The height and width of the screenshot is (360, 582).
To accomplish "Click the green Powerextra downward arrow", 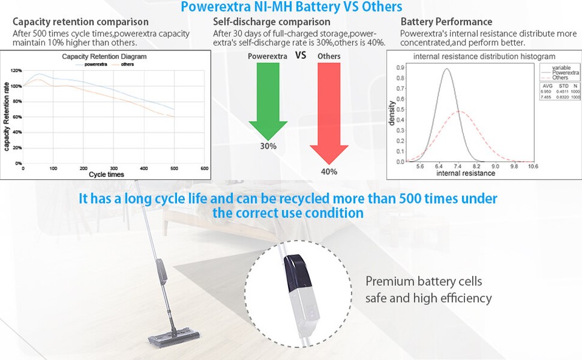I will (x=268, y=97).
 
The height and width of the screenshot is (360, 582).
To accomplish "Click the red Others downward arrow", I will (x=329, y=109).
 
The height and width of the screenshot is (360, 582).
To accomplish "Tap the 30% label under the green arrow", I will (x=268, y=146).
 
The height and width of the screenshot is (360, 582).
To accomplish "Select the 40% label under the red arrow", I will (x=329, y=172).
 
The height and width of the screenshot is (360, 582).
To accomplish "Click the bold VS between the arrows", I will (x=300, y=55).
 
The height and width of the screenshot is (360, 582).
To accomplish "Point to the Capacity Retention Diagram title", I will (x=105, y=56).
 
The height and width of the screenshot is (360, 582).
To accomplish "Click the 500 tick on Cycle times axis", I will (x=174, y=168).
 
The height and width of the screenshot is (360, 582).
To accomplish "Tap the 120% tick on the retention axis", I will (x=16, y=71).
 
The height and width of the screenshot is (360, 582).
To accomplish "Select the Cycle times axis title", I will (x=106, y=175).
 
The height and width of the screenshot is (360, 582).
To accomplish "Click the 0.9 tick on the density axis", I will (x=401, y=68).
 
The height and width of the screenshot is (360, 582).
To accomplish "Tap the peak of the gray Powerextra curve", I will (x=446, y=68).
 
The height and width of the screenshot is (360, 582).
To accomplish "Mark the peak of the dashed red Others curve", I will (x=460, y=112).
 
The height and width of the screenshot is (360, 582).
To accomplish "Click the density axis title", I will (x=392, y=113).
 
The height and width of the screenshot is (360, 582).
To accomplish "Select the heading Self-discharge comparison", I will (x=272, y=22).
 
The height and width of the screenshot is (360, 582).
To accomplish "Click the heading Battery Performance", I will (x=446, y=22).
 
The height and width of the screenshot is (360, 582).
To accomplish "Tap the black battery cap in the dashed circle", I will (x=295, y=267).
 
